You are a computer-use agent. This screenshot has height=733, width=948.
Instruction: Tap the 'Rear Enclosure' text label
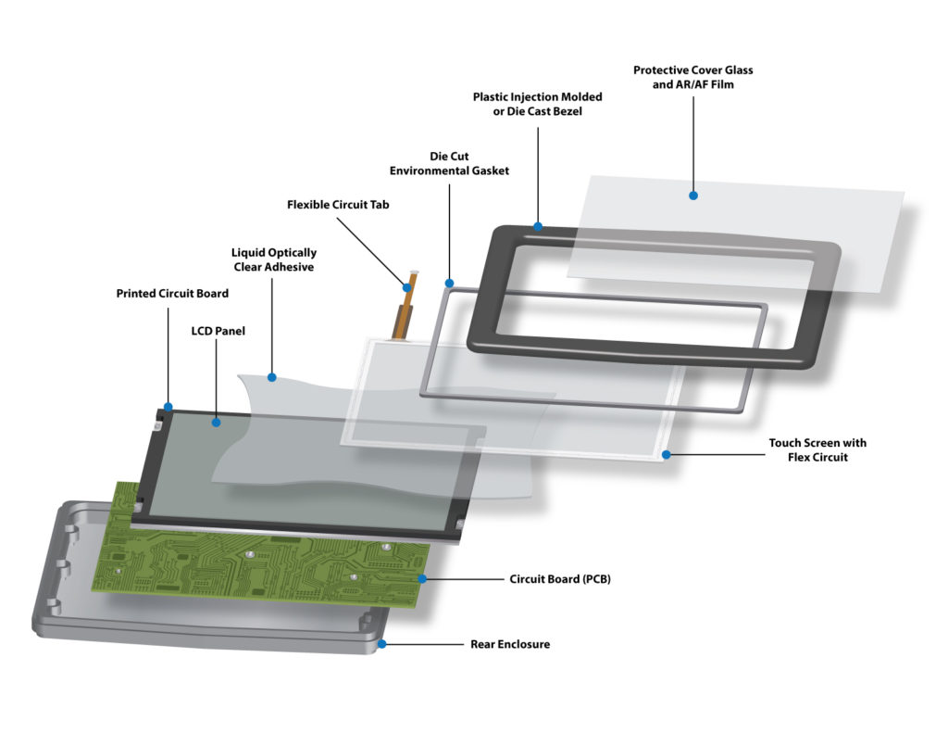pos(510,644)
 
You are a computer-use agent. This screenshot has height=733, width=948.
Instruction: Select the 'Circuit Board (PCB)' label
pos(560,579)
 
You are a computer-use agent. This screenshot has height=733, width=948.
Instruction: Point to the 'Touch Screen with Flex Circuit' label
pos(817,449)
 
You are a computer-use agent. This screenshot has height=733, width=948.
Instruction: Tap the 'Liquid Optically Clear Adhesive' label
pos(273,259)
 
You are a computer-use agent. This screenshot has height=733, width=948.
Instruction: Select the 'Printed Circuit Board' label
pos(171,294)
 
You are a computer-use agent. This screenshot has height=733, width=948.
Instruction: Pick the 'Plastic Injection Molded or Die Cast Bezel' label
pos(538,104)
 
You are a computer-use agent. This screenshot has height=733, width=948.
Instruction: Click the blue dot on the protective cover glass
pos(693,196)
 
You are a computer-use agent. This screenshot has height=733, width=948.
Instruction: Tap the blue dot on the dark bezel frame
pos(538,225)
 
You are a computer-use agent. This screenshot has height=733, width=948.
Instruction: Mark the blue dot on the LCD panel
pos(216,423)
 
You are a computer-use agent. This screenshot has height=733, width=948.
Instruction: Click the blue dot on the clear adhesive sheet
pos(273,377)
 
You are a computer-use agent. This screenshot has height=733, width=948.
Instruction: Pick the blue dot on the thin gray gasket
pos(449,283)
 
